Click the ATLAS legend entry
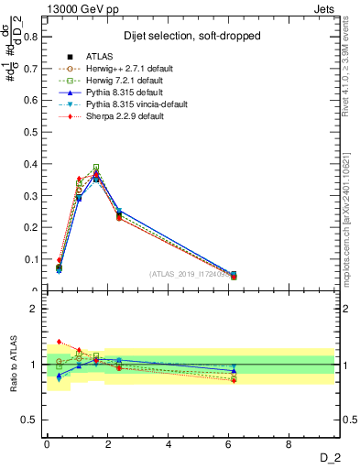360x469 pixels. click(x=98, y=56)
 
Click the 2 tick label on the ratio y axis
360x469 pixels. click(x=35, y=309)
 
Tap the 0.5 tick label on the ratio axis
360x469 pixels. click(x=31, y=420)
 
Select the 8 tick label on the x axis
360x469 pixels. click(x=289, y=444)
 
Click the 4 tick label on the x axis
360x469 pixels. click(x=169, y=444)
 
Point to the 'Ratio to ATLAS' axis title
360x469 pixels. click(x=13, y=365)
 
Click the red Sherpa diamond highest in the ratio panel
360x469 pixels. click(x=59, y=342)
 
